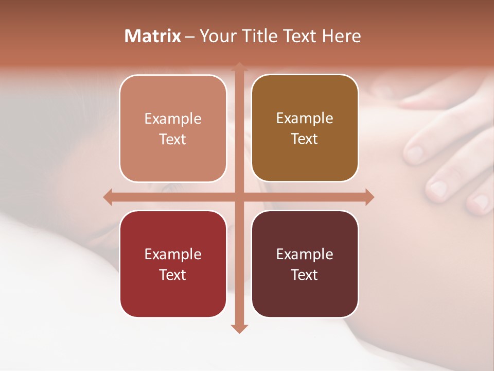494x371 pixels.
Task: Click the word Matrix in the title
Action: click(153, 36)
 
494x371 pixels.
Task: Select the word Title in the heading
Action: click(260, 36)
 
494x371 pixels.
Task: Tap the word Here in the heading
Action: click(341, 36)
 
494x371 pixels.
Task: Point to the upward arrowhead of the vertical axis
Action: click(239, 66)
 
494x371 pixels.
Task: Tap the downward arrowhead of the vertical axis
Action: click(239, 329)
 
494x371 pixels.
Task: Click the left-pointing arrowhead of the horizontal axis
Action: click(108, 197)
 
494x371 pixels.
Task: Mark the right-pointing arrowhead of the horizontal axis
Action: click(369, 197)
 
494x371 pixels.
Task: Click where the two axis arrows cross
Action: click(239, 197)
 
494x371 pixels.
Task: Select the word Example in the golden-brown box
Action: click(305, 118)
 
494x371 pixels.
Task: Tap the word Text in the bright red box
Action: click(172, 275)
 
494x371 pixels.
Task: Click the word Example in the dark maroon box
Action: click(305, 254)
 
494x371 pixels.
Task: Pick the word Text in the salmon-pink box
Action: click(172, 139)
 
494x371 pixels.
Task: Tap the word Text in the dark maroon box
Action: click(304, 275)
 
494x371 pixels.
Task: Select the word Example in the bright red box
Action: click(173, 254)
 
